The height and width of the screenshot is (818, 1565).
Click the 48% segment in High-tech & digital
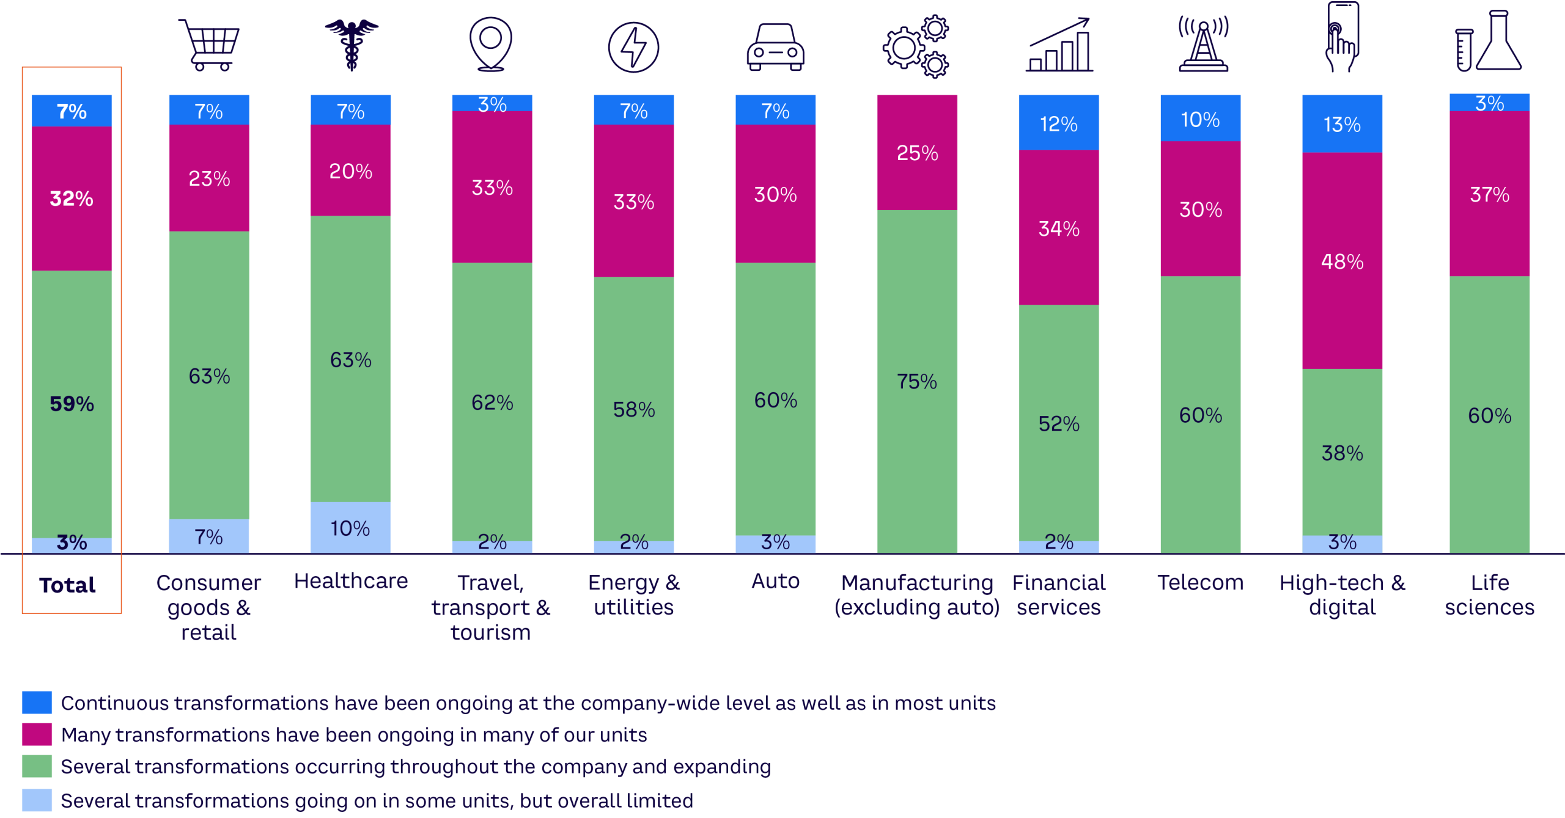pos(1342,261)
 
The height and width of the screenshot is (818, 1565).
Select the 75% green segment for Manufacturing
pos(917,381)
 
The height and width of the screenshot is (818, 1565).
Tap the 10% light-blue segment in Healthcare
pos(350,528)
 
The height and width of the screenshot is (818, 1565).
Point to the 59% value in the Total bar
pos(72,404)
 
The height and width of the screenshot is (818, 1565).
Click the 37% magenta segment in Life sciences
pos(1489,194)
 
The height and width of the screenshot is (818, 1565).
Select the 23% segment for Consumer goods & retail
pos(209,178)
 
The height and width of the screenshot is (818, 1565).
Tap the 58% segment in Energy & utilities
pos(634,409)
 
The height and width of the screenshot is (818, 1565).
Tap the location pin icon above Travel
pos(490,43)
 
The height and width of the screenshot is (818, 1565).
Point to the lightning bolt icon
pos(633,48)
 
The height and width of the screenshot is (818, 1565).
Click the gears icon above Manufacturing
pos(915,48)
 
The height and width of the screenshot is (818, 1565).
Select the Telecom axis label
pos(1200,582)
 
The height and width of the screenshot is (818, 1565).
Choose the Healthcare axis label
pos(351,581)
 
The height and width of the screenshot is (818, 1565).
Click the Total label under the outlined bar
pos(68,585)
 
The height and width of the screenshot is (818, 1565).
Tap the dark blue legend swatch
pos(37,703)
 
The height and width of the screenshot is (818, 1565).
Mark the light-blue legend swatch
pos(37,800)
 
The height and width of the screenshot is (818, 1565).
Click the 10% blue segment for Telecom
pos(1200,119)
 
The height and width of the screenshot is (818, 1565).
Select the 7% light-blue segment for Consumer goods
pos(209,536)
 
